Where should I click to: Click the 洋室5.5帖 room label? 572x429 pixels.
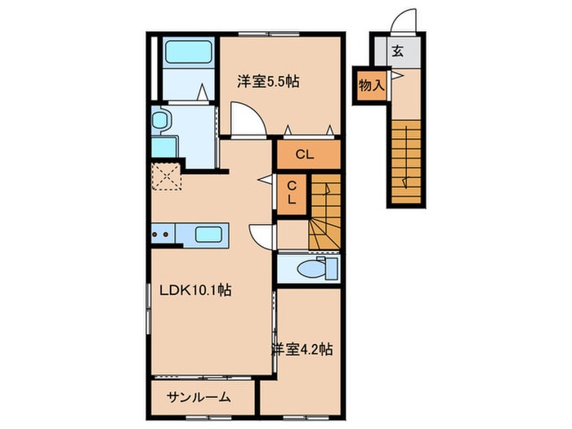click(268, 82)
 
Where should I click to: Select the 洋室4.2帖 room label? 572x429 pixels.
click(302, 349)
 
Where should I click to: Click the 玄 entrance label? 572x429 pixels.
click(397, 51)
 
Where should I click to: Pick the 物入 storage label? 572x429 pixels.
click(372, 84)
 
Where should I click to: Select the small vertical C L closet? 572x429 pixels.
click(291, 194)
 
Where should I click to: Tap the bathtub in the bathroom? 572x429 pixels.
click(187, 53)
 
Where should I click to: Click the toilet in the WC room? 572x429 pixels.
click(315, 268)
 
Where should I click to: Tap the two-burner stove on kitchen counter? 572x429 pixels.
click(163, 235)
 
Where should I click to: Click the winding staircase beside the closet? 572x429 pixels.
click(324, 213)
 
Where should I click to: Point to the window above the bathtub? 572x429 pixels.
click(187, 34)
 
